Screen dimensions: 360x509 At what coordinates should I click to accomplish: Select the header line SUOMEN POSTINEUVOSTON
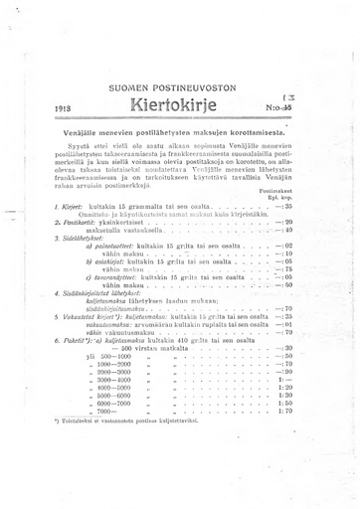179,87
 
